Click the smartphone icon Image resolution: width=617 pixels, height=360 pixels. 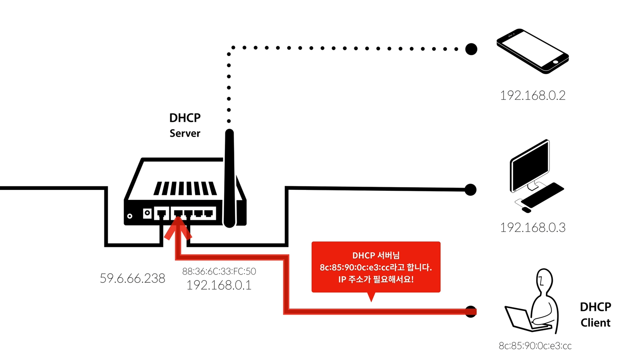coord(532,51)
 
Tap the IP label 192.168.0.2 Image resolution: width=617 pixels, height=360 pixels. coord(532,96)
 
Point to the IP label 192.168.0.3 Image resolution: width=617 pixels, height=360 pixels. coord(532,227)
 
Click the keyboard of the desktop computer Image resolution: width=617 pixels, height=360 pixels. coord(542,195)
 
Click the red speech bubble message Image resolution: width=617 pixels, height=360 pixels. coord(376,267)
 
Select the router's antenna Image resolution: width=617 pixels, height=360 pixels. coord(229,178)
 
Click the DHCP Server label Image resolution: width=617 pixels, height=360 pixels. coord(185,125)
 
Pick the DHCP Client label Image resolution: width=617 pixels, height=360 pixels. coord(595,315)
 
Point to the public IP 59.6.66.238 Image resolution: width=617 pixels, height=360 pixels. coord(132,279)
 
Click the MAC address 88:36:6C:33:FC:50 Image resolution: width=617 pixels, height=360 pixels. coord(219,271)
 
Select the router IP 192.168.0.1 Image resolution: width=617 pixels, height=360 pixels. coord(219,285)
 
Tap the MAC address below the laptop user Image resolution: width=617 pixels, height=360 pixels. coord(535,346)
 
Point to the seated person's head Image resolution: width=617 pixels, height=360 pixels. coord(544,279)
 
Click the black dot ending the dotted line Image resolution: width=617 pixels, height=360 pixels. coord(471,49)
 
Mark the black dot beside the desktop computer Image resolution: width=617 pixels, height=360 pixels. coord(470,190)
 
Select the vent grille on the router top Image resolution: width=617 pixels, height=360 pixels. coord(185,188)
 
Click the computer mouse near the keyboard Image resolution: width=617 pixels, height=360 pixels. coord(526,210)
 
